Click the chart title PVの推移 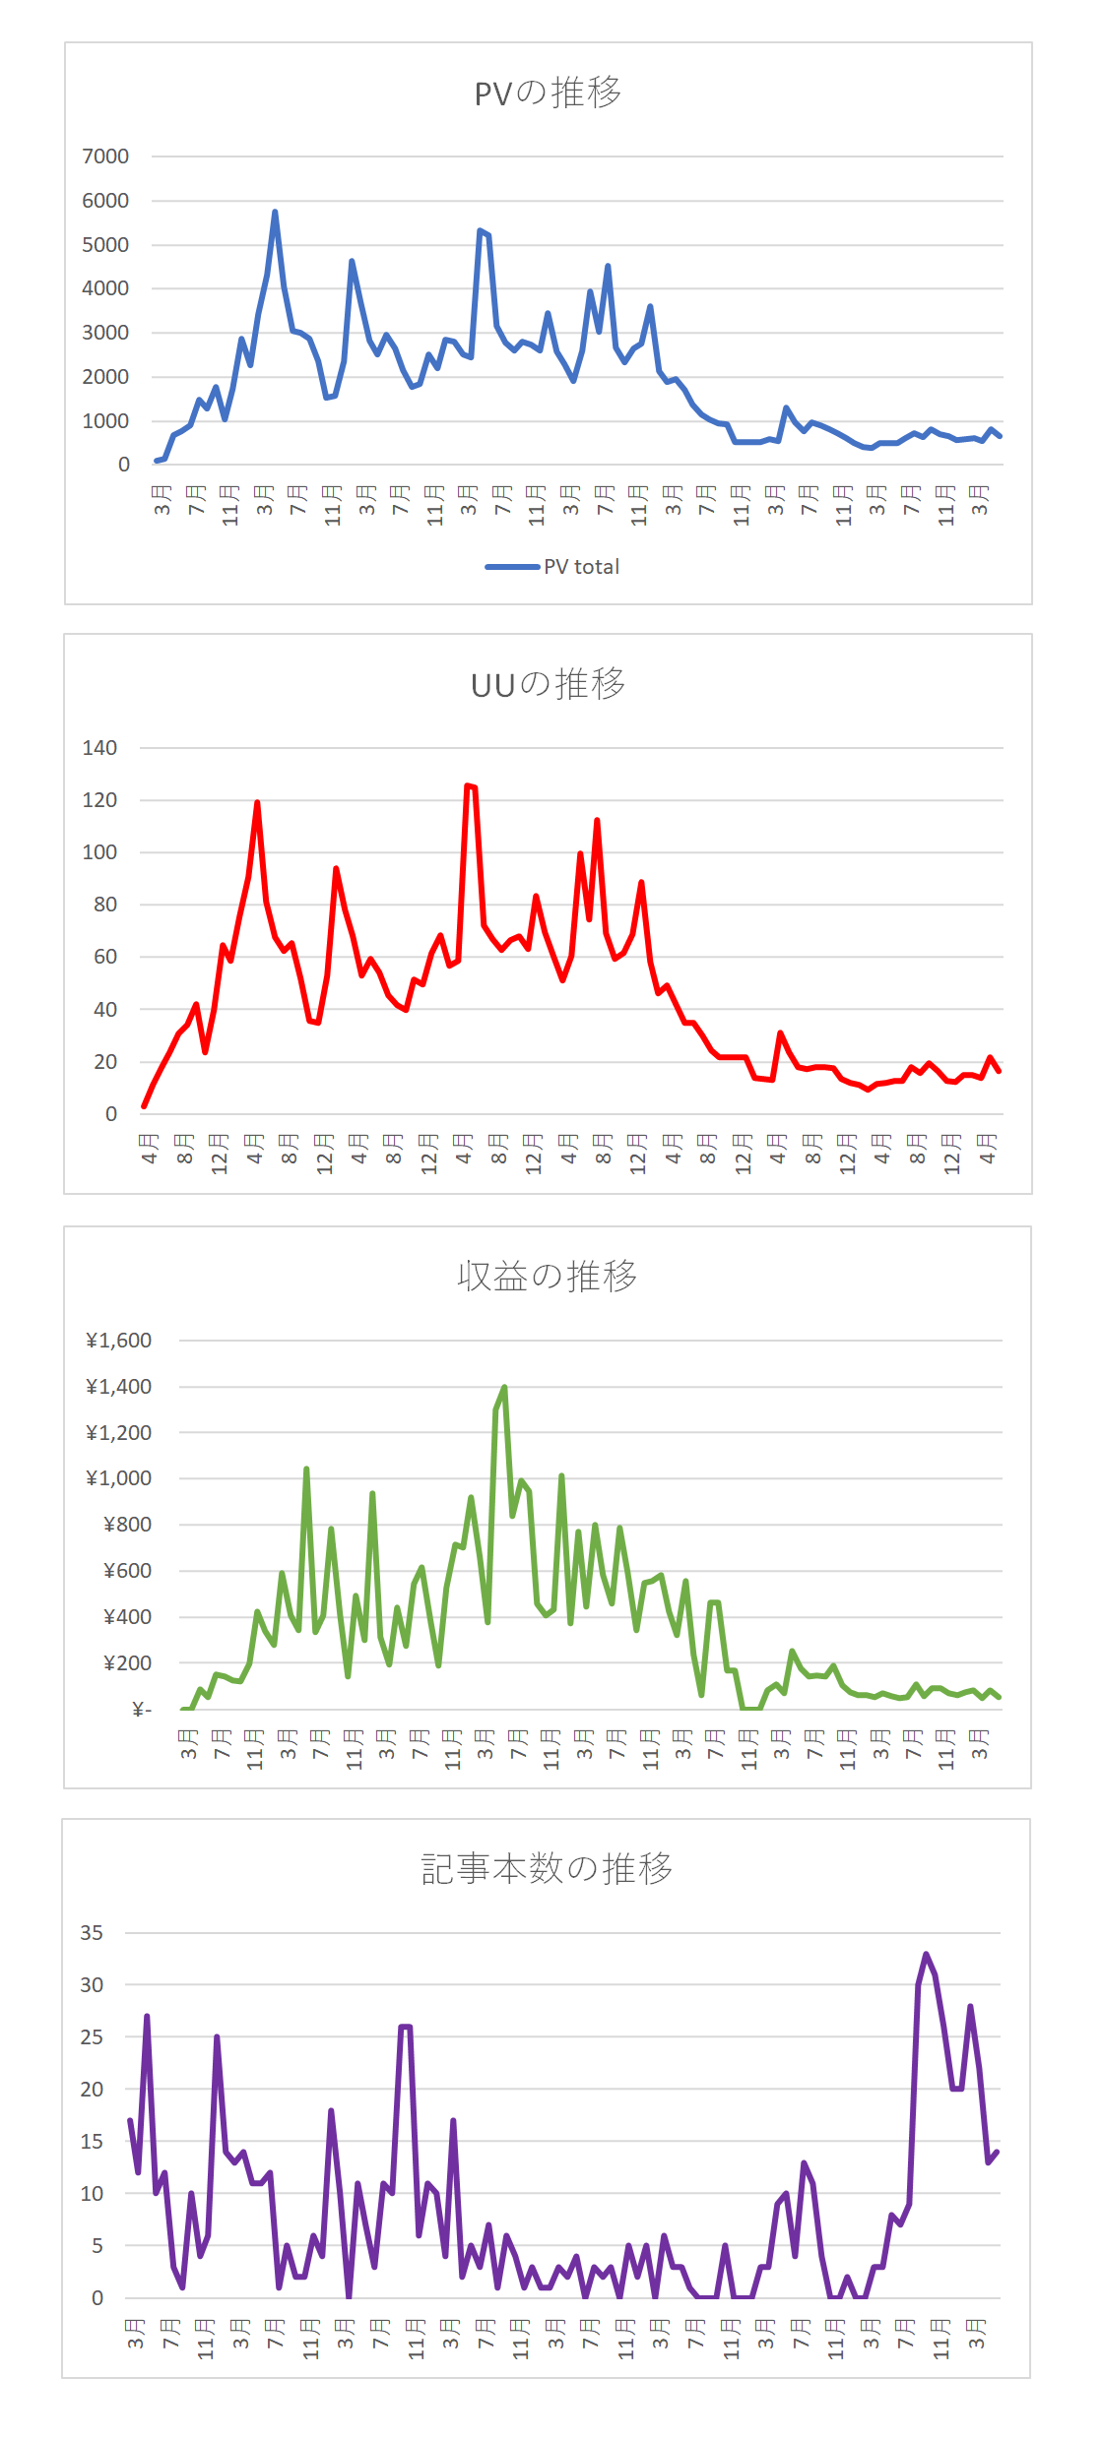548,93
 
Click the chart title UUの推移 548,684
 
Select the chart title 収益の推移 548,1276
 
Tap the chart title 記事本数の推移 548,1868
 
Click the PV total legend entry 552,567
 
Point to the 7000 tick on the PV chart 105,156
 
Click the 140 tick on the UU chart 99,748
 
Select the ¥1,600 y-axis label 119,1341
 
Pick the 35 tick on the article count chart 92,1933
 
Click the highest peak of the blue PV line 275,212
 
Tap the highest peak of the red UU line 467,785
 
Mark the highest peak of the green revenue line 504,1387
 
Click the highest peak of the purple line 926,1955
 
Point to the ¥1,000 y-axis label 119,1478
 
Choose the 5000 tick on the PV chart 105,245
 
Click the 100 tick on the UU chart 99,852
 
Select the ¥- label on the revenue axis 143,1710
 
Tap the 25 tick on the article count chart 92,2037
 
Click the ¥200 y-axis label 128,1663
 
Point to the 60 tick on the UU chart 105,957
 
